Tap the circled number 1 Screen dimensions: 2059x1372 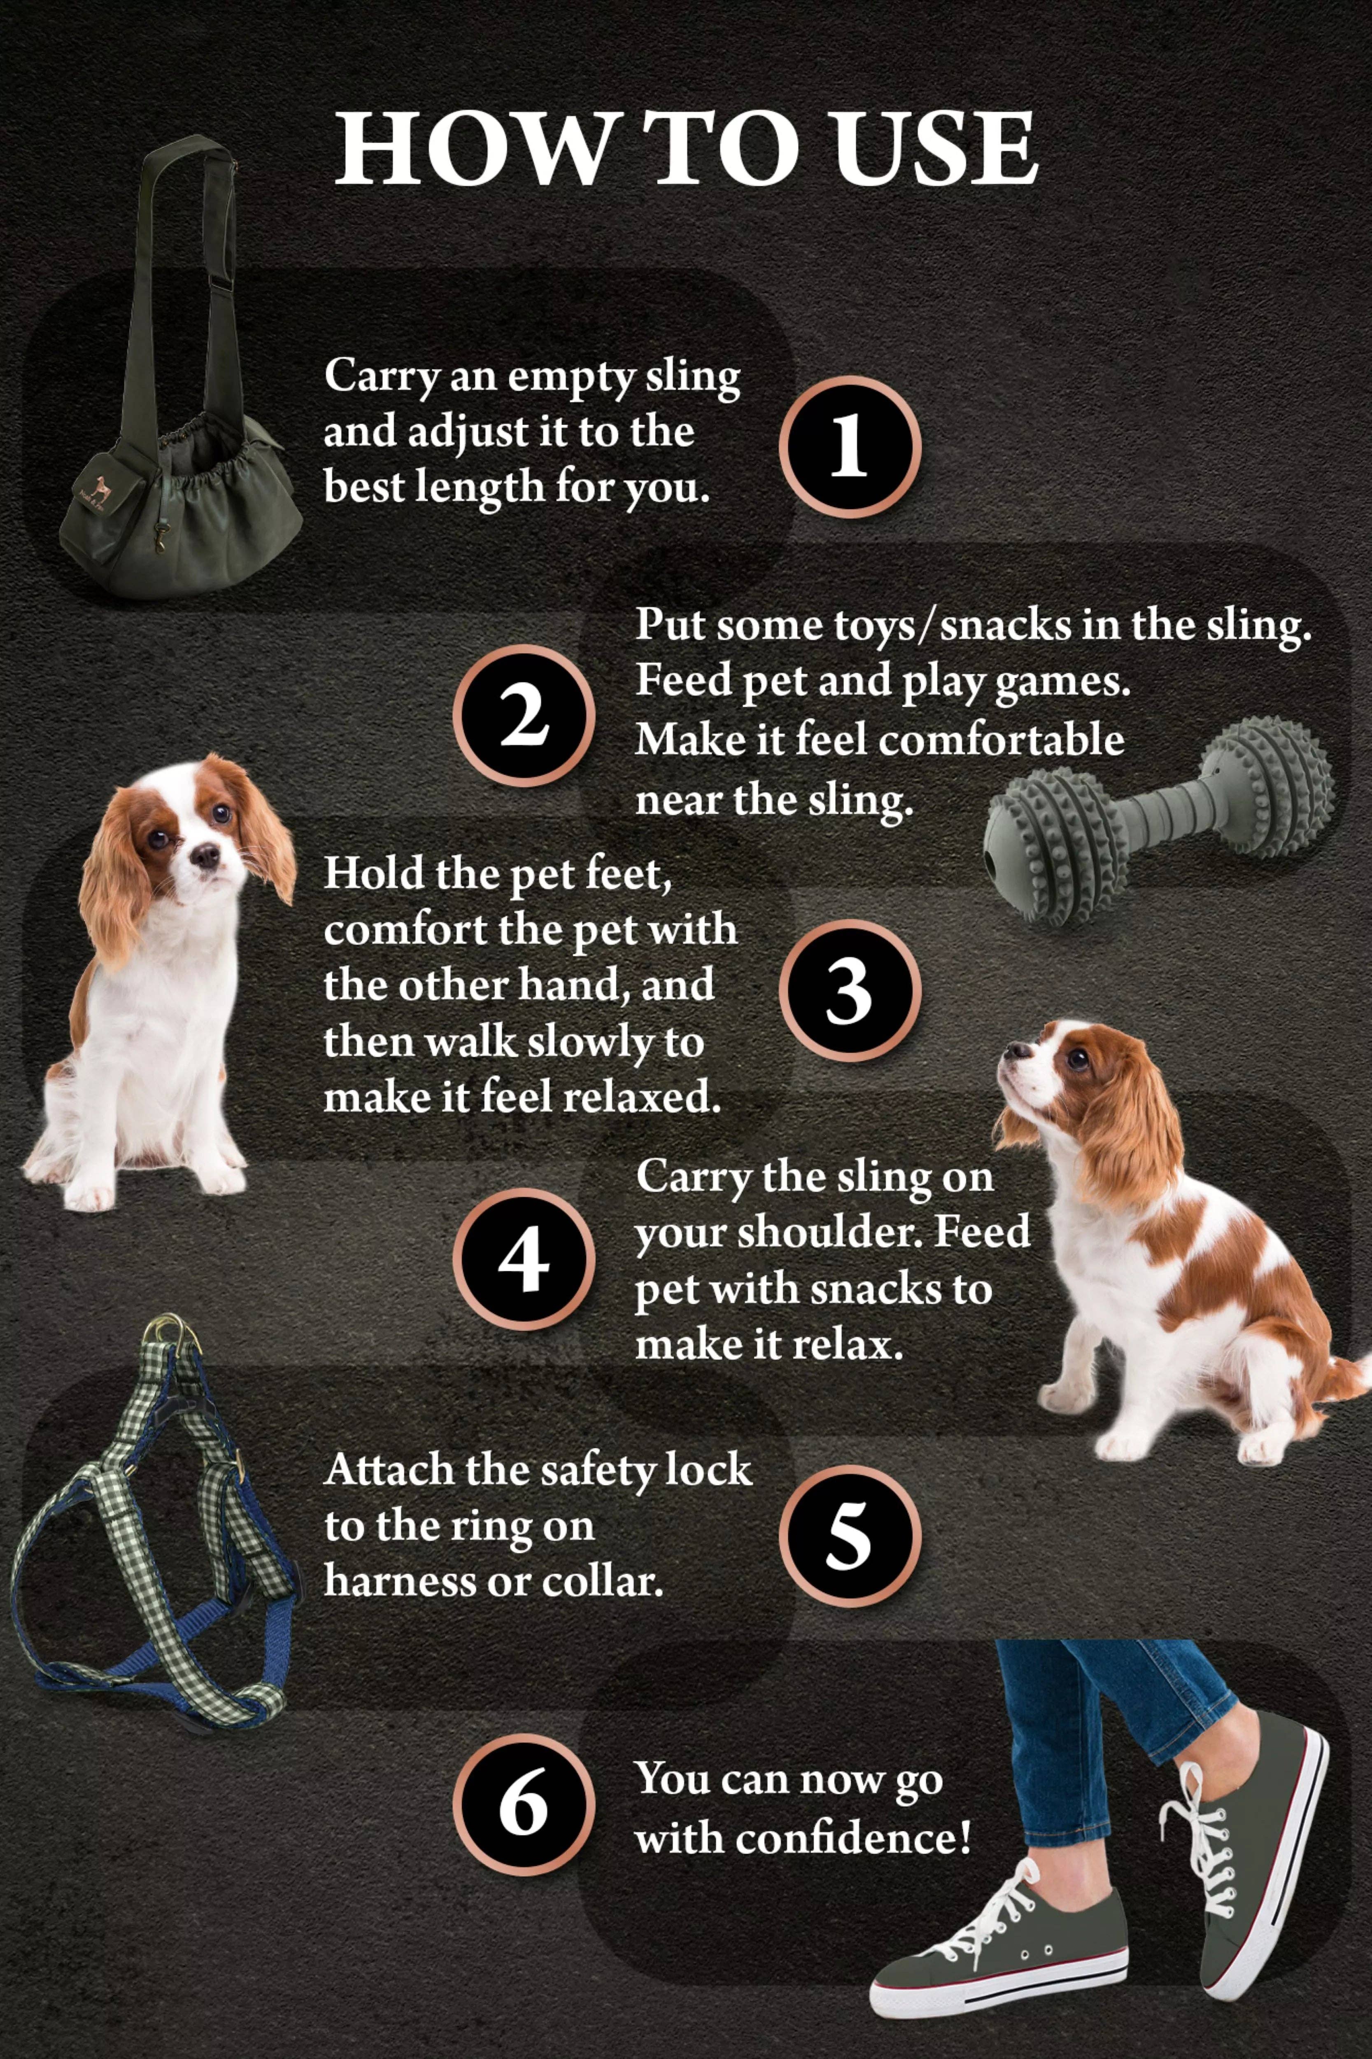(x=849, y=446)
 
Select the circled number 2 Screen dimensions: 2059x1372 (x=523, y=715)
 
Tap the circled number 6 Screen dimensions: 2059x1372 (x=523, y=1805)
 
